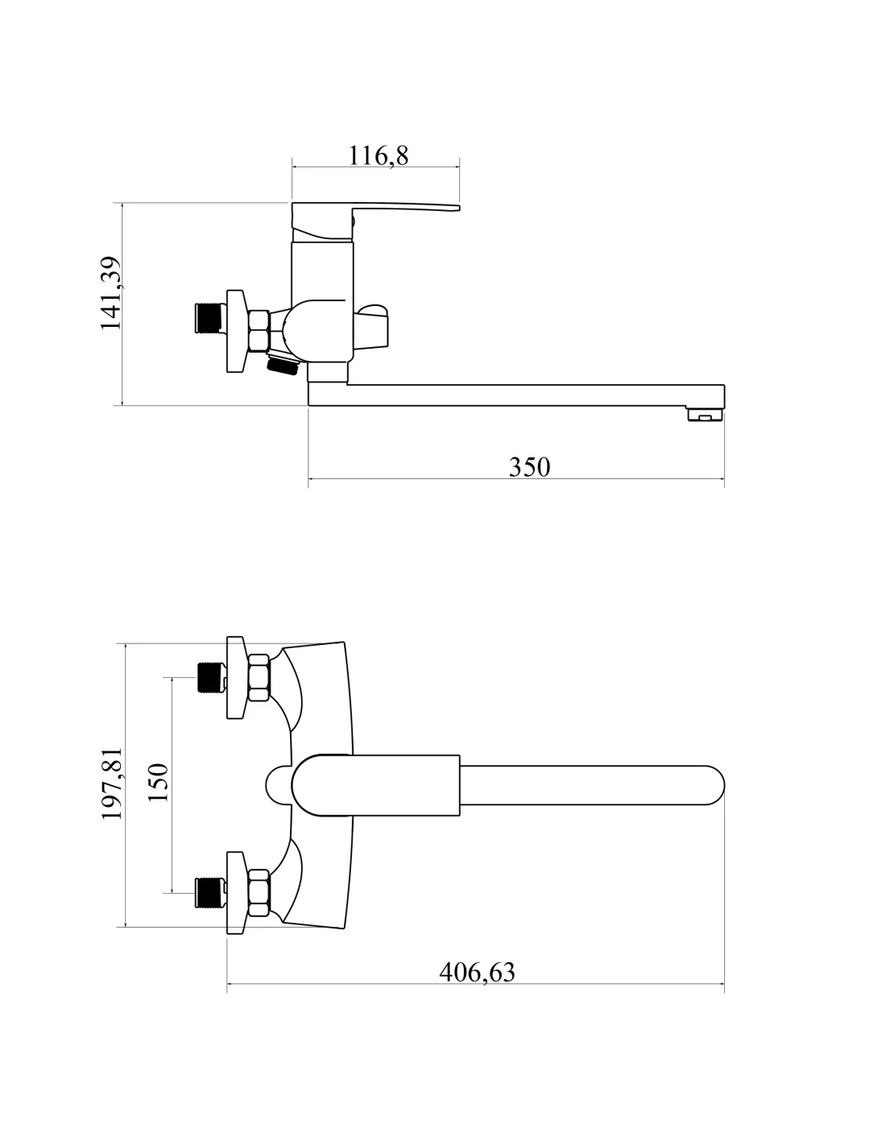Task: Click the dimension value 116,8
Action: pyautogui.click(x=379, y=155)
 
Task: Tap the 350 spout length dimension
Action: pyautogui.click(x=529, y=467)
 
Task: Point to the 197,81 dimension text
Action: pyautogui.click(x=111, y=783)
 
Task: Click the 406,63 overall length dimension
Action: pyautogui.click(x=477, y=973)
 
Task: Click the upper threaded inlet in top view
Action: pyautogui.click(x=209, y=677)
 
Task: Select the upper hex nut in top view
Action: pyautogui.click(x=259, y=678)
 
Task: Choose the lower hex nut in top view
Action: pyautogui.click(x=259, y=892)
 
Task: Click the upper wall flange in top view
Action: pyautogui.click(x=236, y=678)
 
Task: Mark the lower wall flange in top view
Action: pyautogui.click(x=236, y=892)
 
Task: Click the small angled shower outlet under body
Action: pyautogui.click(x=282, y=366)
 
